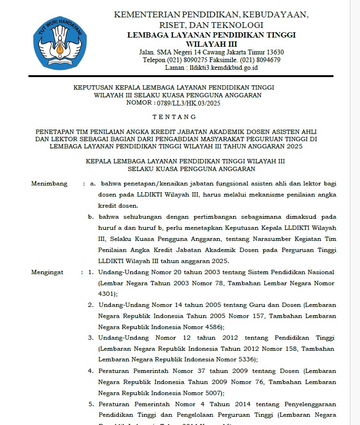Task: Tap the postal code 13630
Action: pos(274,52)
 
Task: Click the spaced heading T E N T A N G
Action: pos(174,117)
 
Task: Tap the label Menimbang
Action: pos(50,184)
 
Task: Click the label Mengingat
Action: pos(47,272)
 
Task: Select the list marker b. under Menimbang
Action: pos(91,216)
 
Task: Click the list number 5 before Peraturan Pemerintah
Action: pos(91,404)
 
